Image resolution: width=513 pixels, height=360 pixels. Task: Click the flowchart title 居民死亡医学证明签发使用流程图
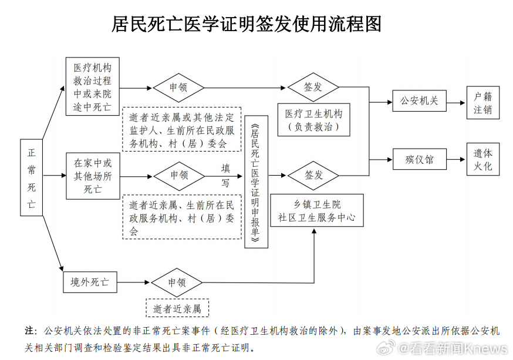click(x=247, y=24)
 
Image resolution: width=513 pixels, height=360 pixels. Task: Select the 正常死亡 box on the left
click(x=31, y=178)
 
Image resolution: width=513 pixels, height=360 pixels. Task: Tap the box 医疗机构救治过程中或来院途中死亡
click(x=92, y=86)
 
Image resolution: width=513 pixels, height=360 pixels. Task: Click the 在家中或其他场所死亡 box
click(x=92, y=175)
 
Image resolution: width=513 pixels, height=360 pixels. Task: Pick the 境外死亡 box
click(x=90, y=282)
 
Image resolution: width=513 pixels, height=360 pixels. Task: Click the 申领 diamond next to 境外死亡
click(x=177, y=282)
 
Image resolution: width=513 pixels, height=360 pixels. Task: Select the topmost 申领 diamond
click(x=178, y=88)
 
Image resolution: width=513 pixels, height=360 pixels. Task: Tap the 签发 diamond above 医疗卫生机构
click(x=313, y=87)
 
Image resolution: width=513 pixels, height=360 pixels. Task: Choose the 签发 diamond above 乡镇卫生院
click(x=313, y=175)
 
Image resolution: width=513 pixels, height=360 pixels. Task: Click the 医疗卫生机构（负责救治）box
click(x=313, y=119)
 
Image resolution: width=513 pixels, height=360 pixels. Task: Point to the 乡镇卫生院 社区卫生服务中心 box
click(x=317, y=210)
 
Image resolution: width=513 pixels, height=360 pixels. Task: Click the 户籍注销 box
click(x=482, y=103)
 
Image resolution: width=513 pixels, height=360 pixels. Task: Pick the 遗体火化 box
click(x=482, y=159)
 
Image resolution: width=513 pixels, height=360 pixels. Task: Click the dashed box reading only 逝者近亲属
click(x=177, y=308)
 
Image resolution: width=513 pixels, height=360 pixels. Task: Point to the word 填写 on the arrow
click(x=225, y=174)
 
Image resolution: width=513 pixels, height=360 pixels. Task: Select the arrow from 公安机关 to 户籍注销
click(x=456, y=101)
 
